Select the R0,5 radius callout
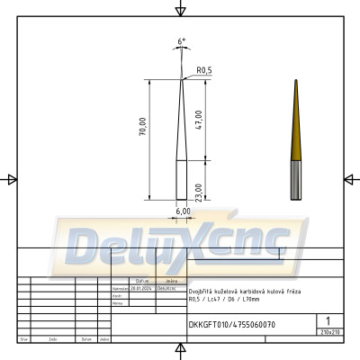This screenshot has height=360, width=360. click(202, 70)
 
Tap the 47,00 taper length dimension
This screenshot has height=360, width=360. click(199, 119)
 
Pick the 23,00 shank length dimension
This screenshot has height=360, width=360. click(199, 191)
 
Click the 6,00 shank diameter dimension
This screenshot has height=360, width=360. click(183, 211)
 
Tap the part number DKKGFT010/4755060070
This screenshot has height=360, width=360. click(231, 324)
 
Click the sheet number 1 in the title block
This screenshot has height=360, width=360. click(329, 319)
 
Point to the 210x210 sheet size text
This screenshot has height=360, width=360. click(329, 332)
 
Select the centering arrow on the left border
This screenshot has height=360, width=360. click(12, 179)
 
